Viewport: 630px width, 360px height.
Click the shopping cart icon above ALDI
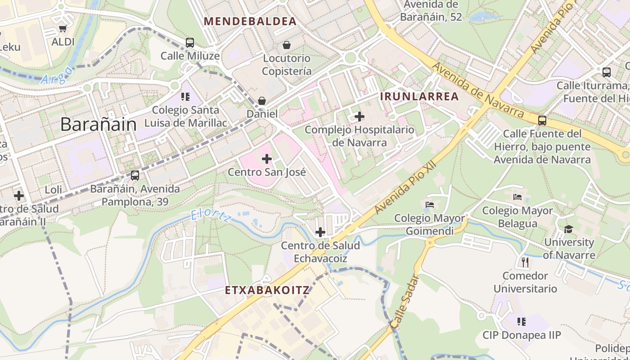click(x=63, y=29)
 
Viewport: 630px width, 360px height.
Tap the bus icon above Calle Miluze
click(x=190, y=43)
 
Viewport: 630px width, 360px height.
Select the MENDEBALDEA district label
click(x=250, y=21)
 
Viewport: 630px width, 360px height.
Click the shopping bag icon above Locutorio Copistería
click(x=286, y=45)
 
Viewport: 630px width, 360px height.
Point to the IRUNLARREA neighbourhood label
click(x=419, y=96)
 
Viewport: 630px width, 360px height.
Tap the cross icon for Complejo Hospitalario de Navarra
click(x=359, y=117)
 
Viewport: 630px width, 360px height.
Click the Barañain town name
click(x=98, y=124)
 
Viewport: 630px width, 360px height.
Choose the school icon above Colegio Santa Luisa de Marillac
click(x=185, y=97)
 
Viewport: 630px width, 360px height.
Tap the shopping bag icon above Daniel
click(x=262, y=101)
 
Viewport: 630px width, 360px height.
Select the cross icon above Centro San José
click(x=267, y=159)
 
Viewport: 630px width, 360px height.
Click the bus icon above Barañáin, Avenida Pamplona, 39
click(x=135, y=175)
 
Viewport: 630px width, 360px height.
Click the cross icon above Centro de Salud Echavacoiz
click(x=320, y=232)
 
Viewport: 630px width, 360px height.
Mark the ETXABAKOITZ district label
click(x=267, y=290)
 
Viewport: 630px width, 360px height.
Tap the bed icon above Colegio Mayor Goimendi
click(x=429, y=205)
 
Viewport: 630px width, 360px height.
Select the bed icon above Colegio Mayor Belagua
click(x=517, y=197)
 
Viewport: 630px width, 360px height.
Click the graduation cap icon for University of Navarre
click(x=568, y=229)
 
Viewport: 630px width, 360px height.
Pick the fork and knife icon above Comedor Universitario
click(x=525, y=261)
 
